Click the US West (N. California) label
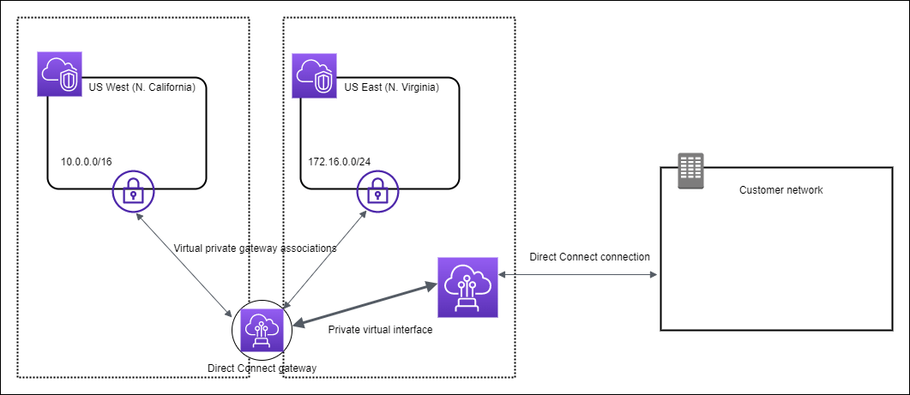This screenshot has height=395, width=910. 142,87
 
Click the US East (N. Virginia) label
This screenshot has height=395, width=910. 391,87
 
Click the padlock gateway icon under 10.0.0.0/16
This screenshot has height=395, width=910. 133,193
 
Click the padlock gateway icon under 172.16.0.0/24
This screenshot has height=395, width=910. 375,193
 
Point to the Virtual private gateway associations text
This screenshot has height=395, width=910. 255,248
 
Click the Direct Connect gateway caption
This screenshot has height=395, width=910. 262,368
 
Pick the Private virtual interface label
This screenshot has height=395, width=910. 380,328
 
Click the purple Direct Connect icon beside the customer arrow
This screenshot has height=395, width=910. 467,286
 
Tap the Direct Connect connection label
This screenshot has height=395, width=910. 589,256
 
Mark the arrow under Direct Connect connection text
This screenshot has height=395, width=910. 578,275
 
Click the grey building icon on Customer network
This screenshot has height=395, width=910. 690,171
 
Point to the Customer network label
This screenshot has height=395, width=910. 780,190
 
